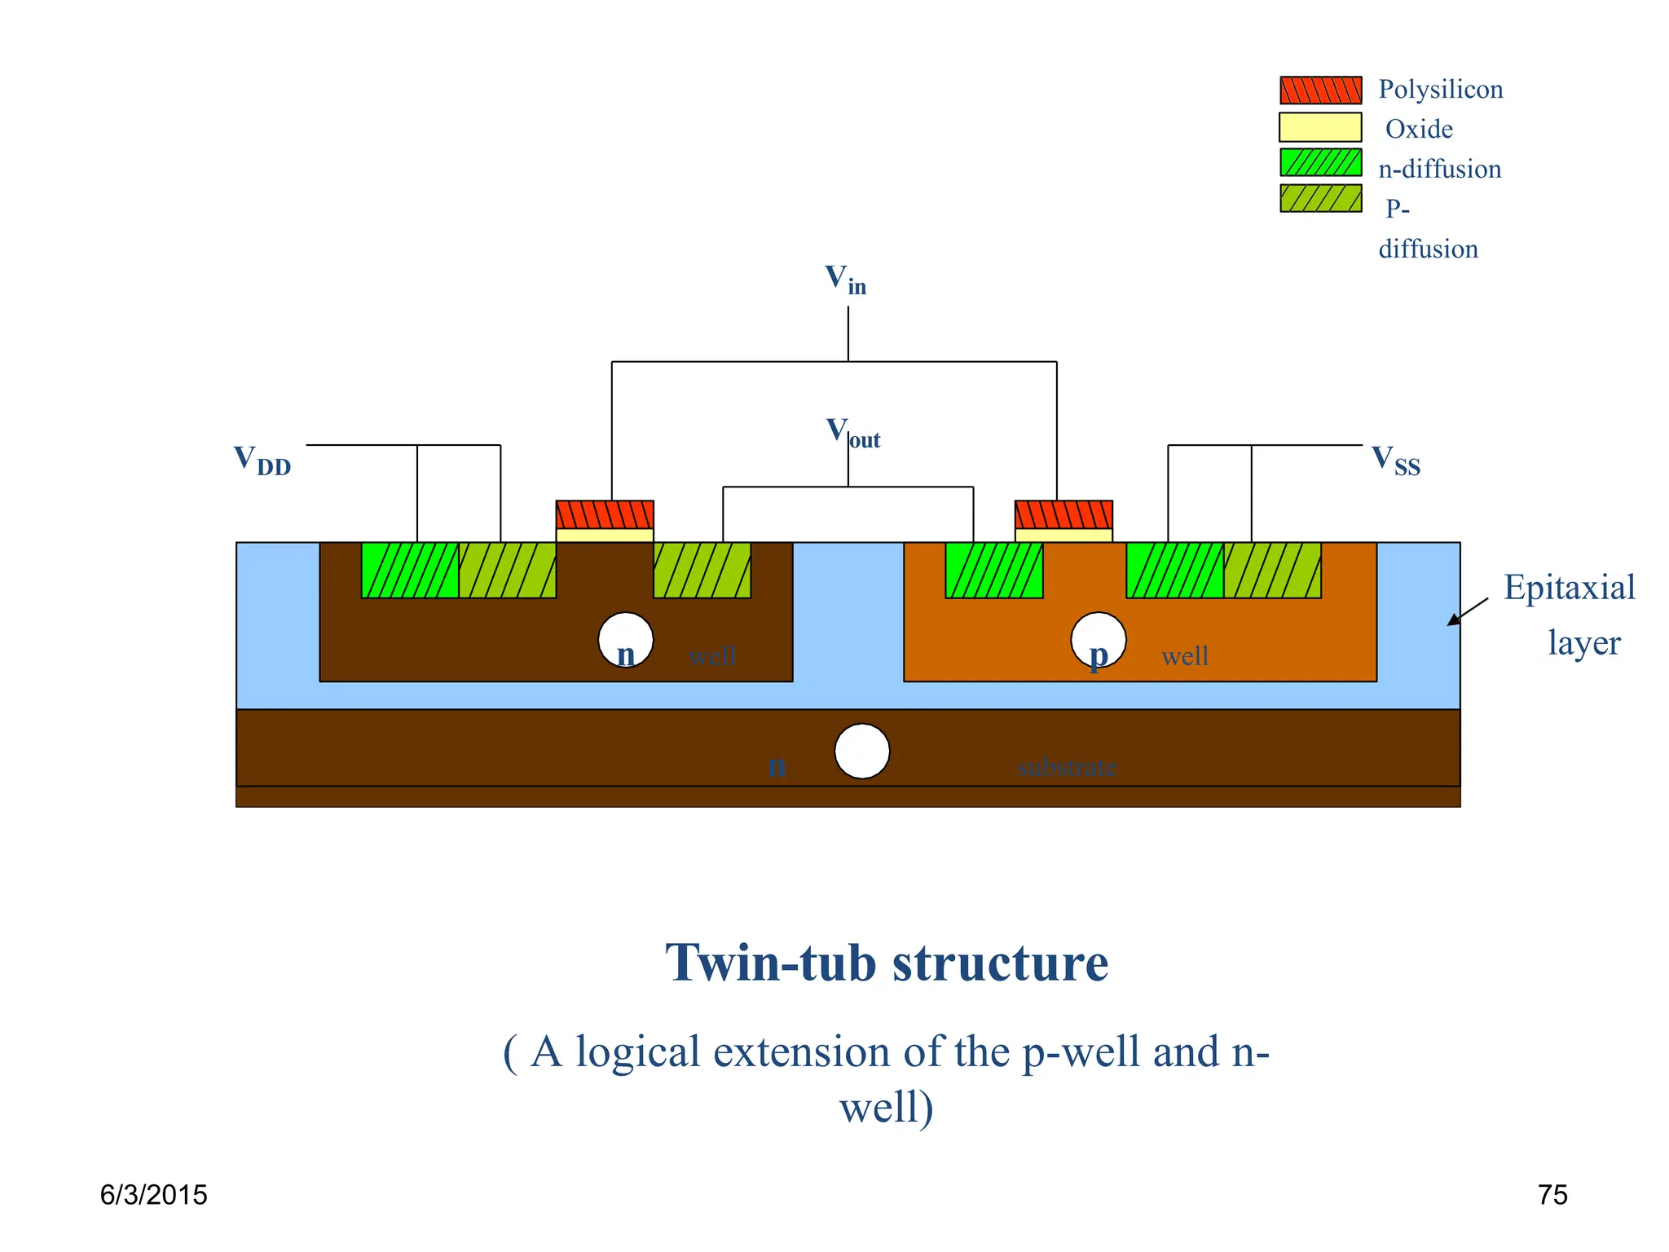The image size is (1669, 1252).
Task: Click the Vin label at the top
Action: (845, 280)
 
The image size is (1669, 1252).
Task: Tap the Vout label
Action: (852, 433)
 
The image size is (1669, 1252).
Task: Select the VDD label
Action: (262, 460)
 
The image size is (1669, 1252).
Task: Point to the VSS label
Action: (1395, 461)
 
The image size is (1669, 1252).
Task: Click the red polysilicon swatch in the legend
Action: (1320, 90)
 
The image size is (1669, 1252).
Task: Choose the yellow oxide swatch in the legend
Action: (1320, 128)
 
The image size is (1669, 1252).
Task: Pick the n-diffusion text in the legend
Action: (1439, 169)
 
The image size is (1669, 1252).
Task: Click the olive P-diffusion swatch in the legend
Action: (1320, 198)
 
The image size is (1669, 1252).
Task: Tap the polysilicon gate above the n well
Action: (605, 515)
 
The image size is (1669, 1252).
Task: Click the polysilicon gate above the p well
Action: (1063, 515)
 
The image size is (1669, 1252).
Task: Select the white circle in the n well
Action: (626, 640)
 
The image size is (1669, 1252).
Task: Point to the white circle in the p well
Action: (1099, 640)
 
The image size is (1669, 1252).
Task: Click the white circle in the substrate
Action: (862, 752)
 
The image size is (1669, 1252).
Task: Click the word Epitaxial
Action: (1569, 588)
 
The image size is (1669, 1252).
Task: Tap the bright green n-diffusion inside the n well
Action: (410, 571)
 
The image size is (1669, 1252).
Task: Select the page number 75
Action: (1552, 1195)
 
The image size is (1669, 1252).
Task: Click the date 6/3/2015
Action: (153, 1195)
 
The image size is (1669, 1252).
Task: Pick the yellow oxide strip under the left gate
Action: (605, 536)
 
